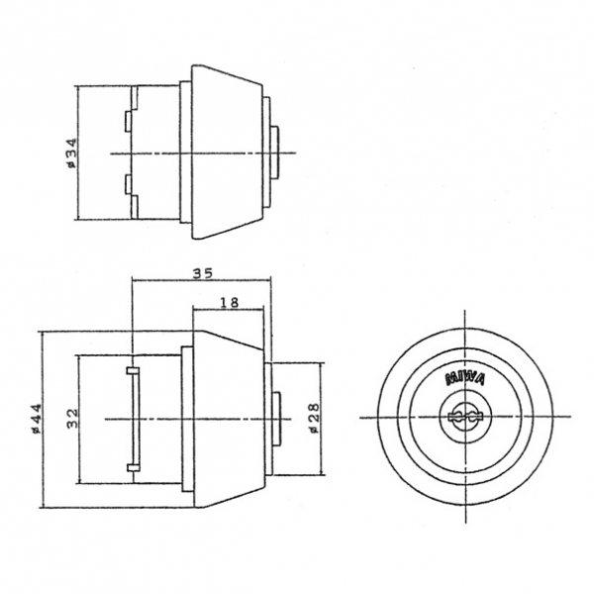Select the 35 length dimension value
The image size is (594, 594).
[204, 272]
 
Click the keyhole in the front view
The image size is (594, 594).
[463, 416]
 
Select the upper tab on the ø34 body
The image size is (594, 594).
[129, 121]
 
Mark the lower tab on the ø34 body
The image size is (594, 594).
[129, 184]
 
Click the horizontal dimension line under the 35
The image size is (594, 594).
[198, 280]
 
